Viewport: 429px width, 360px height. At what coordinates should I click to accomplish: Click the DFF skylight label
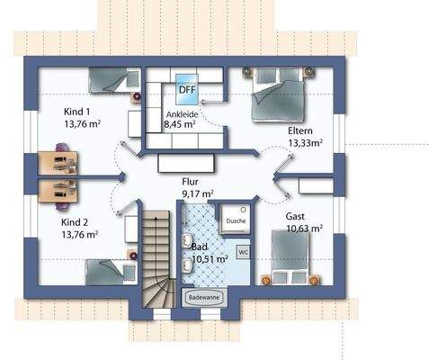coord(187,89)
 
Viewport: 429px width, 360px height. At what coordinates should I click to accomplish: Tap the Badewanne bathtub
coord(204,298)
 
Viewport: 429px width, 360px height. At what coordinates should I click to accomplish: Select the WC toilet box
coord(243,252)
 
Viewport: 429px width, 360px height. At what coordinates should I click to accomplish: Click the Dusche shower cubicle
coord(236,220)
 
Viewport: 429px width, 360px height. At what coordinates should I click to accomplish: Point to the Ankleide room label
coord(183,114)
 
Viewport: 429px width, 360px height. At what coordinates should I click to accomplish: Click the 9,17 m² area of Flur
coord(198,194)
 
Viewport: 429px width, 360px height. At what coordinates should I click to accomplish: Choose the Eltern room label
coord(300,130)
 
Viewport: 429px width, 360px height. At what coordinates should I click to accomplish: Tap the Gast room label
coord(295,216)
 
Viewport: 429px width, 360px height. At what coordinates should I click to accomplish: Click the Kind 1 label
coord(76,112)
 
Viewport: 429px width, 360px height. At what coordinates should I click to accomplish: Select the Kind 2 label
coord(75,222)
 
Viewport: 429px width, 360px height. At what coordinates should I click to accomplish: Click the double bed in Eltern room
coord(279,94)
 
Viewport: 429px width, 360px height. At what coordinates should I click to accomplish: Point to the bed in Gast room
coord(290,256)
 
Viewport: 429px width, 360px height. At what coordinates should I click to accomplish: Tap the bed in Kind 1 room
coord(114,79)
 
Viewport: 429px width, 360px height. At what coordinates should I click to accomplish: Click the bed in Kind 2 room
coord(111,272)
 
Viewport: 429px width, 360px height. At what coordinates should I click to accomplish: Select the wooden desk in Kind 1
coord(58,163)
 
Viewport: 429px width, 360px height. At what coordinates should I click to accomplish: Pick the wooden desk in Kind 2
coord(58,191)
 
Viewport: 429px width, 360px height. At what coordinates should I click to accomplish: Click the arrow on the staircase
coord(156,219)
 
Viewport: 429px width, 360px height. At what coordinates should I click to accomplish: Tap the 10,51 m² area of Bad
coord(210,259)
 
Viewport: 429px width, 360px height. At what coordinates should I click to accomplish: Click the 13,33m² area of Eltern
coord(305,143)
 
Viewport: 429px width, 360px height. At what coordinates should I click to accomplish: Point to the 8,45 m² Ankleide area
coord(180,124)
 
